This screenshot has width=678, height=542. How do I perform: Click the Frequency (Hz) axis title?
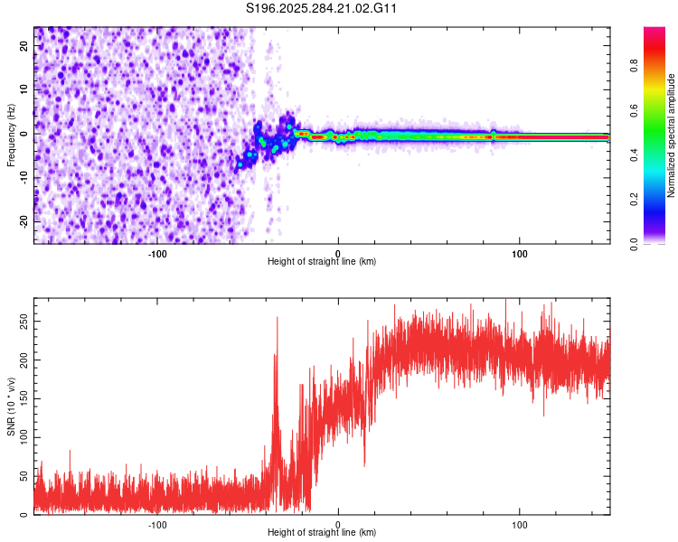(11, 135)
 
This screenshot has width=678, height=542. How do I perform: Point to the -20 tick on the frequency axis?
(24, 220)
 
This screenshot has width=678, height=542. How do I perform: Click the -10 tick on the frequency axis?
(24, 177)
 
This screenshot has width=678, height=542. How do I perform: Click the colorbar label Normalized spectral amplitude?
(672, 135)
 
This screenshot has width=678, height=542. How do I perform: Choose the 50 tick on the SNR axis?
(25, 476)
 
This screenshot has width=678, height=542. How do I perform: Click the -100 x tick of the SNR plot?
(157, 523)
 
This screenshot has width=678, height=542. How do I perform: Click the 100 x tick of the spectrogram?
(520, 252)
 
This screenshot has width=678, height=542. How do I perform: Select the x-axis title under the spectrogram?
(322, 261)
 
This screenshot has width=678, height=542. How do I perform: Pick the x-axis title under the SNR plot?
(322, 532)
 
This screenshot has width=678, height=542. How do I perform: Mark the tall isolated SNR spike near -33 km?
(278, 320)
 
